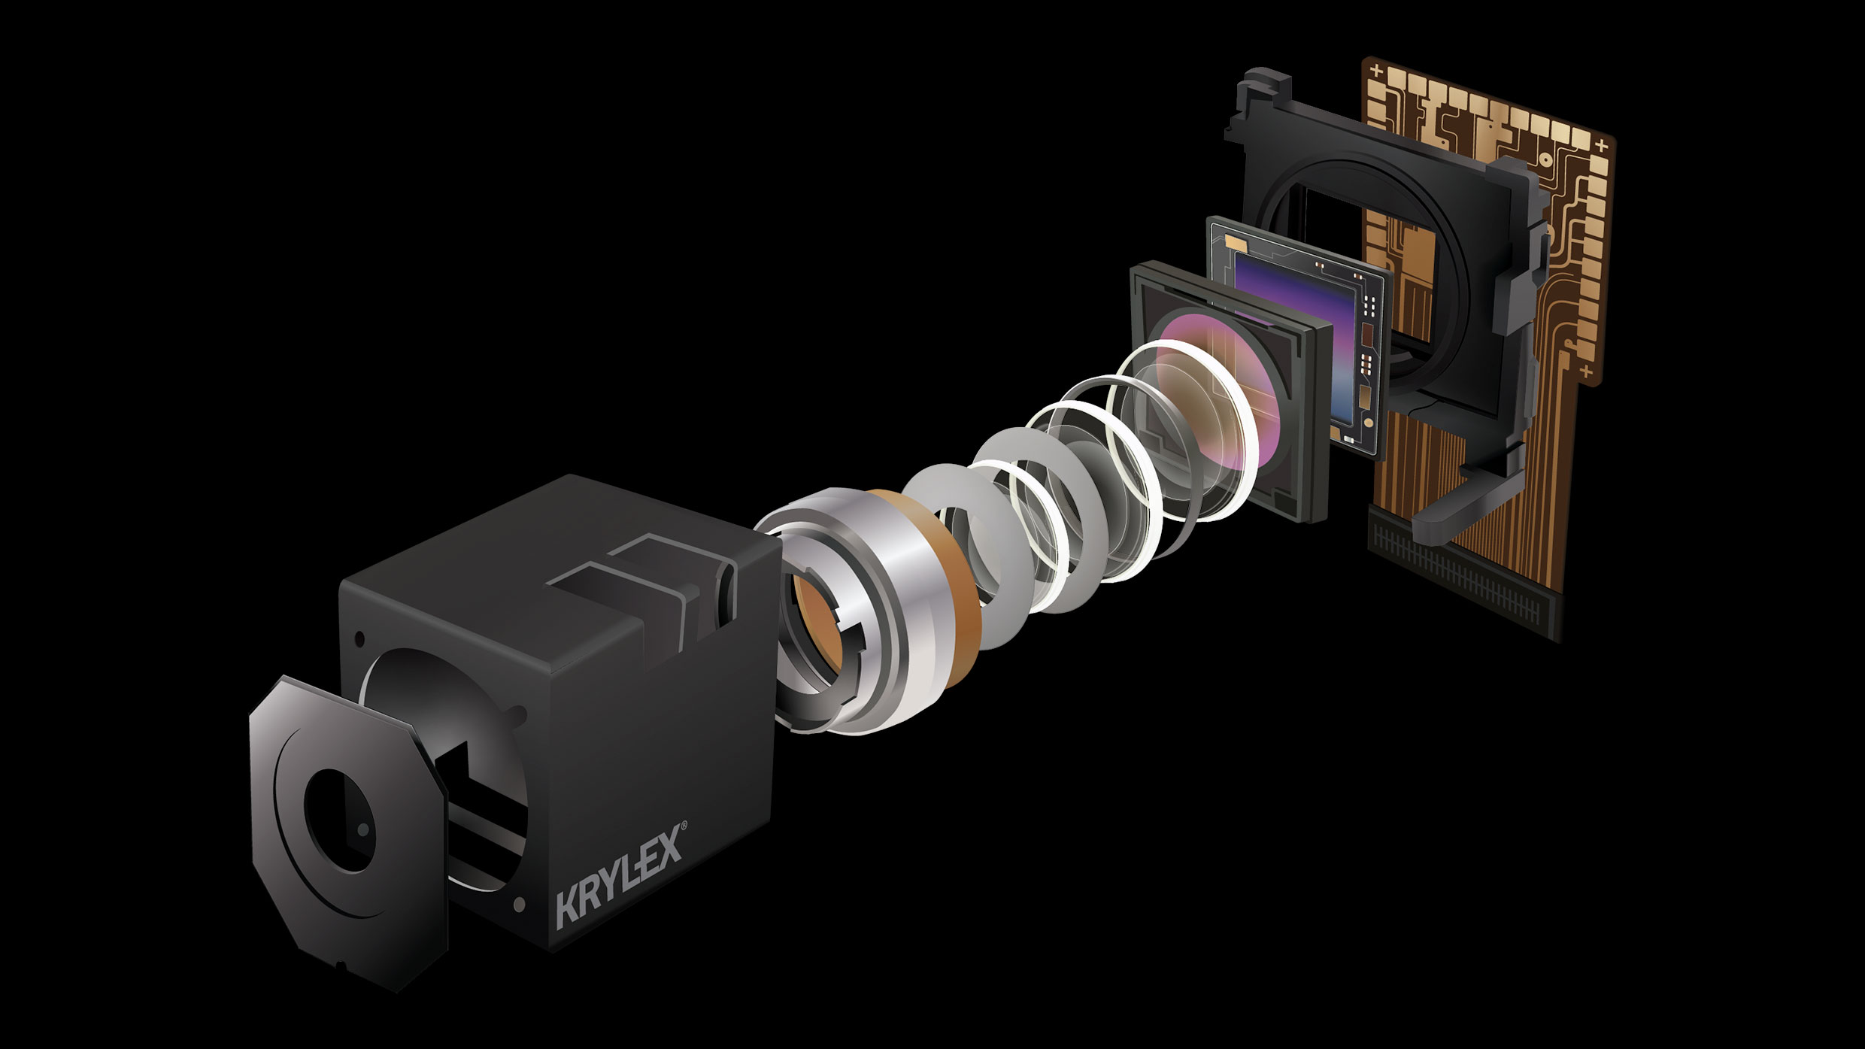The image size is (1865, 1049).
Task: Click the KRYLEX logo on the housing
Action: [620, 874]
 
